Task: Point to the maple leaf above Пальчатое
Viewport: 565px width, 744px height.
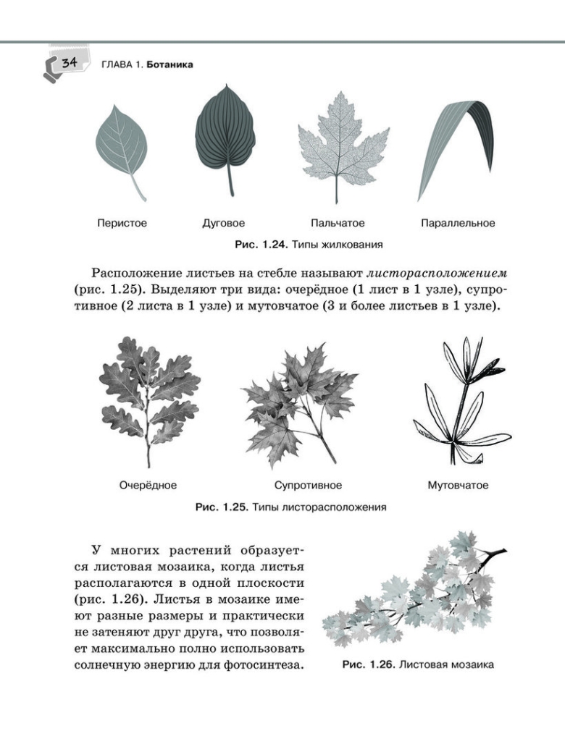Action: (x=335, y=143)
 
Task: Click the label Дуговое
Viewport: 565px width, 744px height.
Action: (x=223, y=223)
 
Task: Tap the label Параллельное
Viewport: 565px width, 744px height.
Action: (x=458, y=223)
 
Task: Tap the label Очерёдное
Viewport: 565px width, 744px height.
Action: (x=148, y=485)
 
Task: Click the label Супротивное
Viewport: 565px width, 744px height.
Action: (x=308, y=485)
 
